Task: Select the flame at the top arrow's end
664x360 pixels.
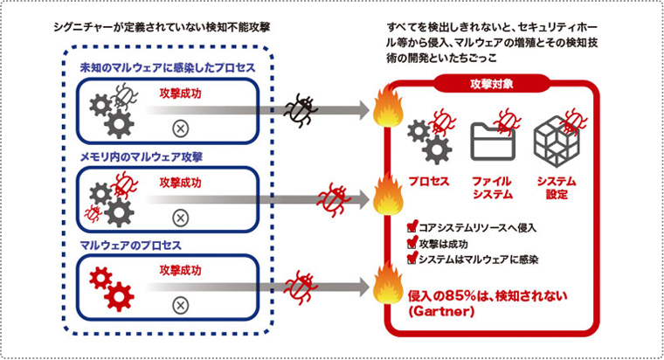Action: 386,111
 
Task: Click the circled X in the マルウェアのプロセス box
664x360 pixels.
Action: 180,304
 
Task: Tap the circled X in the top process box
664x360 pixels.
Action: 180,128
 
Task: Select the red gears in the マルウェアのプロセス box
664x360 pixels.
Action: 112,287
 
